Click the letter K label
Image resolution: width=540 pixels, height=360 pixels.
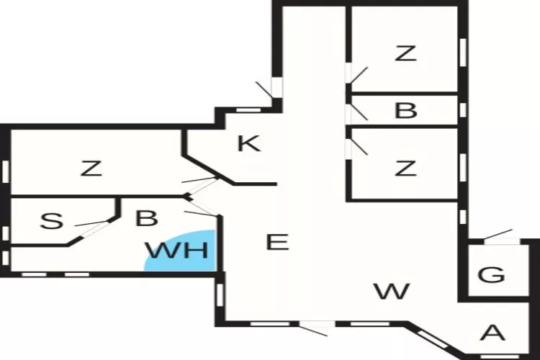248,143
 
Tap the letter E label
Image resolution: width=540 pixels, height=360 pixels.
277,242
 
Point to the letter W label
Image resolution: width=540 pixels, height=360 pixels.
392,292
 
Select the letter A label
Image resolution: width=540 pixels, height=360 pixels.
492,333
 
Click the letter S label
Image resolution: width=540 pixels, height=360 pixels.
50,221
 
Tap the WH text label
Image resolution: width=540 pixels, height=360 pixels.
176,251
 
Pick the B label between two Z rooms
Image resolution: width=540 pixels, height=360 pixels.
406,111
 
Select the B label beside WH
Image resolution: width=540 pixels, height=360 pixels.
146,218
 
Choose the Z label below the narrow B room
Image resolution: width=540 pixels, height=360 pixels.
406,168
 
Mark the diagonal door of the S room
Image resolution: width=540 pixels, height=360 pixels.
96,223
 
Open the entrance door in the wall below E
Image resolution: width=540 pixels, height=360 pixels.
314,329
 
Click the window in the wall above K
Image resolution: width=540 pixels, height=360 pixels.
248,109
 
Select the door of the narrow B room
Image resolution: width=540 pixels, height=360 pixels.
356,111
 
